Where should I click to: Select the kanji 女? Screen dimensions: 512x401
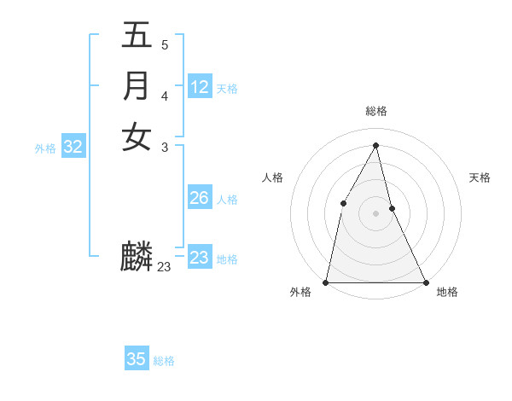(x=137, y=137)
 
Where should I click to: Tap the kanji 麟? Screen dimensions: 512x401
(x=137, y=256)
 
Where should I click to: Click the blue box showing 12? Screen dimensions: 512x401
(x=200, y=87)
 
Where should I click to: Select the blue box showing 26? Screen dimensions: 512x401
(x=200, y=198)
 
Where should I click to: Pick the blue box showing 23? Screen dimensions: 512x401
(x=200, y=258)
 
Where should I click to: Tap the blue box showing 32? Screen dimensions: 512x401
(x=73, y=147)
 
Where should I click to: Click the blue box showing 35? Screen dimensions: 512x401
(x=137, y=359)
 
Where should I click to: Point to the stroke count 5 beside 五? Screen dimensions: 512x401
(x=164, y=44)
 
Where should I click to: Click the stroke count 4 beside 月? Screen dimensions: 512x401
(x=164, y=96)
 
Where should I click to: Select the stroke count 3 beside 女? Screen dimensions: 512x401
(x=164, y=147)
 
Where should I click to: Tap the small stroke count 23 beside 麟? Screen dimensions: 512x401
(x=165, y=267)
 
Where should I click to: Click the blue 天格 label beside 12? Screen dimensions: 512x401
(x=227, y=89)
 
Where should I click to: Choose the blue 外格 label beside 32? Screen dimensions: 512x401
(x=45, y=148)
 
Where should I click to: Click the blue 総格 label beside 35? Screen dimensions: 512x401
(x=164, y=361)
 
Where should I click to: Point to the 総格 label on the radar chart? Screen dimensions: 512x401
(x=376, y=111)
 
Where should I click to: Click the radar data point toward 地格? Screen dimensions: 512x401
(x=425, y=282)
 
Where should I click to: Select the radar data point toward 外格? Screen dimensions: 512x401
(x=327, y=282)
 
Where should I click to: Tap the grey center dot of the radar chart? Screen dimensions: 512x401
(x=375, y=212)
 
